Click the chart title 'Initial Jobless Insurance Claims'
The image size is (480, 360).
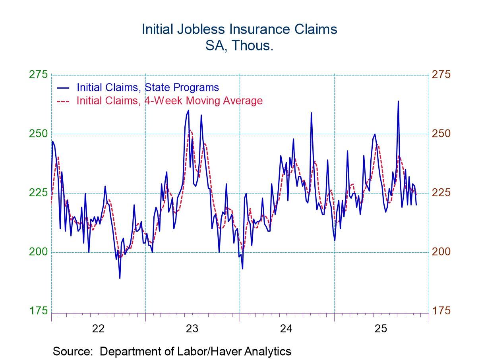[240, 29]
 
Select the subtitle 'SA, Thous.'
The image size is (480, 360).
[240, 46]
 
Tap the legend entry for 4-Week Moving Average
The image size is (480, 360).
[169, 101]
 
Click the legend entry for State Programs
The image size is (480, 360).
[147, 87]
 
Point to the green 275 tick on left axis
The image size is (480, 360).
[38, 75]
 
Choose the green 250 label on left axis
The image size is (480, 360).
[38, 134]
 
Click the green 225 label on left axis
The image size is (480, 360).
[38, 193]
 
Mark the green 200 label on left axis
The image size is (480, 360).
[38, 252]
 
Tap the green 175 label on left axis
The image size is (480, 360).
[38, 310]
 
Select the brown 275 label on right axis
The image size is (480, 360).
[442, 75]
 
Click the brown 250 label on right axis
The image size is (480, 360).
[442, 134]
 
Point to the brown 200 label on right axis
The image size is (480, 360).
[442, 252]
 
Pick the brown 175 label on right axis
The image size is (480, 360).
[442, 310]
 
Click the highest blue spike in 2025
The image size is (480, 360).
[398, 101]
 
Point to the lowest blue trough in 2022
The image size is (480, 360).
[120, 278]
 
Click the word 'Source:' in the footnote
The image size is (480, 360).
[75, 351]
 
